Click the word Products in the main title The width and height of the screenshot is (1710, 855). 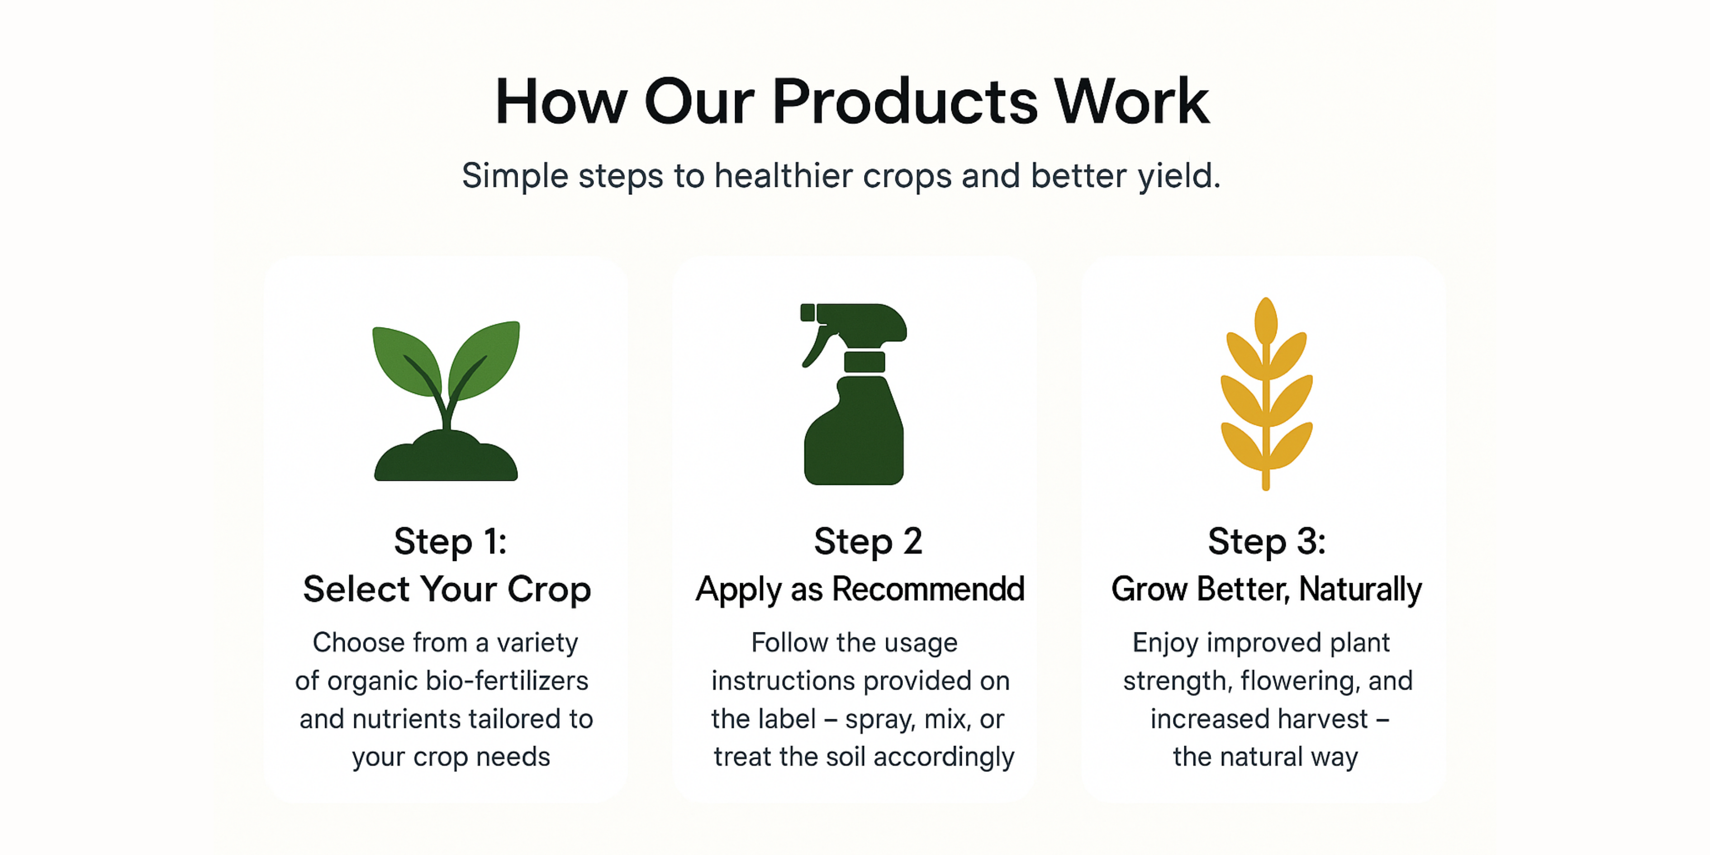(905, 102)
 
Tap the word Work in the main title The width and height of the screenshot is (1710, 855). (1132, 102)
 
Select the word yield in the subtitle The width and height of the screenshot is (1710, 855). (1179, 176)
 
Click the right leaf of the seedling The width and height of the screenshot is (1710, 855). (484, 358)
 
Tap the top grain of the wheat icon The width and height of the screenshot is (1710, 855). (1266, 321)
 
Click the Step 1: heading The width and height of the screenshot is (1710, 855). (450, 541)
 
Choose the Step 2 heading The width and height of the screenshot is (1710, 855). (868, 541)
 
